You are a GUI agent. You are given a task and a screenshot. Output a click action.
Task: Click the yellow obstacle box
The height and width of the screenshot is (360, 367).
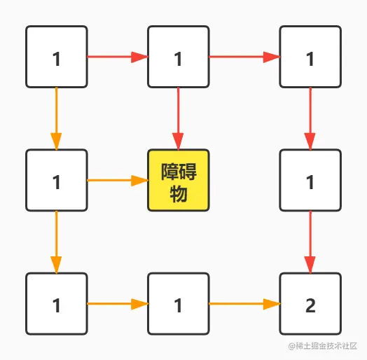tap(178, 180)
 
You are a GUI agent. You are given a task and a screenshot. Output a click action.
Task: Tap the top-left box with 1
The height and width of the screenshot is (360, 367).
tap(57, 57)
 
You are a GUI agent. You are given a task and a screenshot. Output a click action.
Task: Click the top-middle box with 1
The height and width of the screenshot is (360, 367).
tap(178, 57)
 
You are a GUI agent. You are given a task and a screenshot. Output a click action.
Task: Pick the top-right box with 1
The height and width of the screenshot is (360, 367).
tap(310, 57)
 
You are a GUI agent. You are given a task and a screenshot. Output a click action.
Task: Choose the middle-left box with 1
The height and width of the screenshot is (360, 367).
tap(57, 180)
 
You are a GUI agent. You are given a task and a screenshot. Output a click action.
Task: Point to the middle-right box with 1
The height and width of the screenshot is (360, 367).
tap(310, 180)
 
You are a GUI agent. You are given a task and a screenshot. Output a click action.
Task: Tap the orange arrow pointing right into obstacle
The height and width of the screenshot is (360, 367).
tap(117, 181)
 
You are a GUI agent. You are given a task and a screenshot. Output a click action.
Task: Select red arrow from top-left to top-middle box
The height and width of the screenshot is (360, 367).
tap(117, 57)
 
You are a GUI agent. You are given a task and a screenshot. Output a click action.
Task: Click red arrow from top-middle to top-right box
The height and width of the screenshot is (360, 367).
tap(244, 57)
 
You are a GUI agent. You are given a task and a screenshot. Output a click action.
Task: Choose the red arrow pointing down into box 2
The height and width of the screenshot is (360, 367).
tap(310, 242)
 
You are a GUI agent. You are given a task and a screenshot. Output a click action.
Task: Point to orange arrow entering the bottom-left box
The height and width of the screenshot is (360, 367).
tap(57, 242)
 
